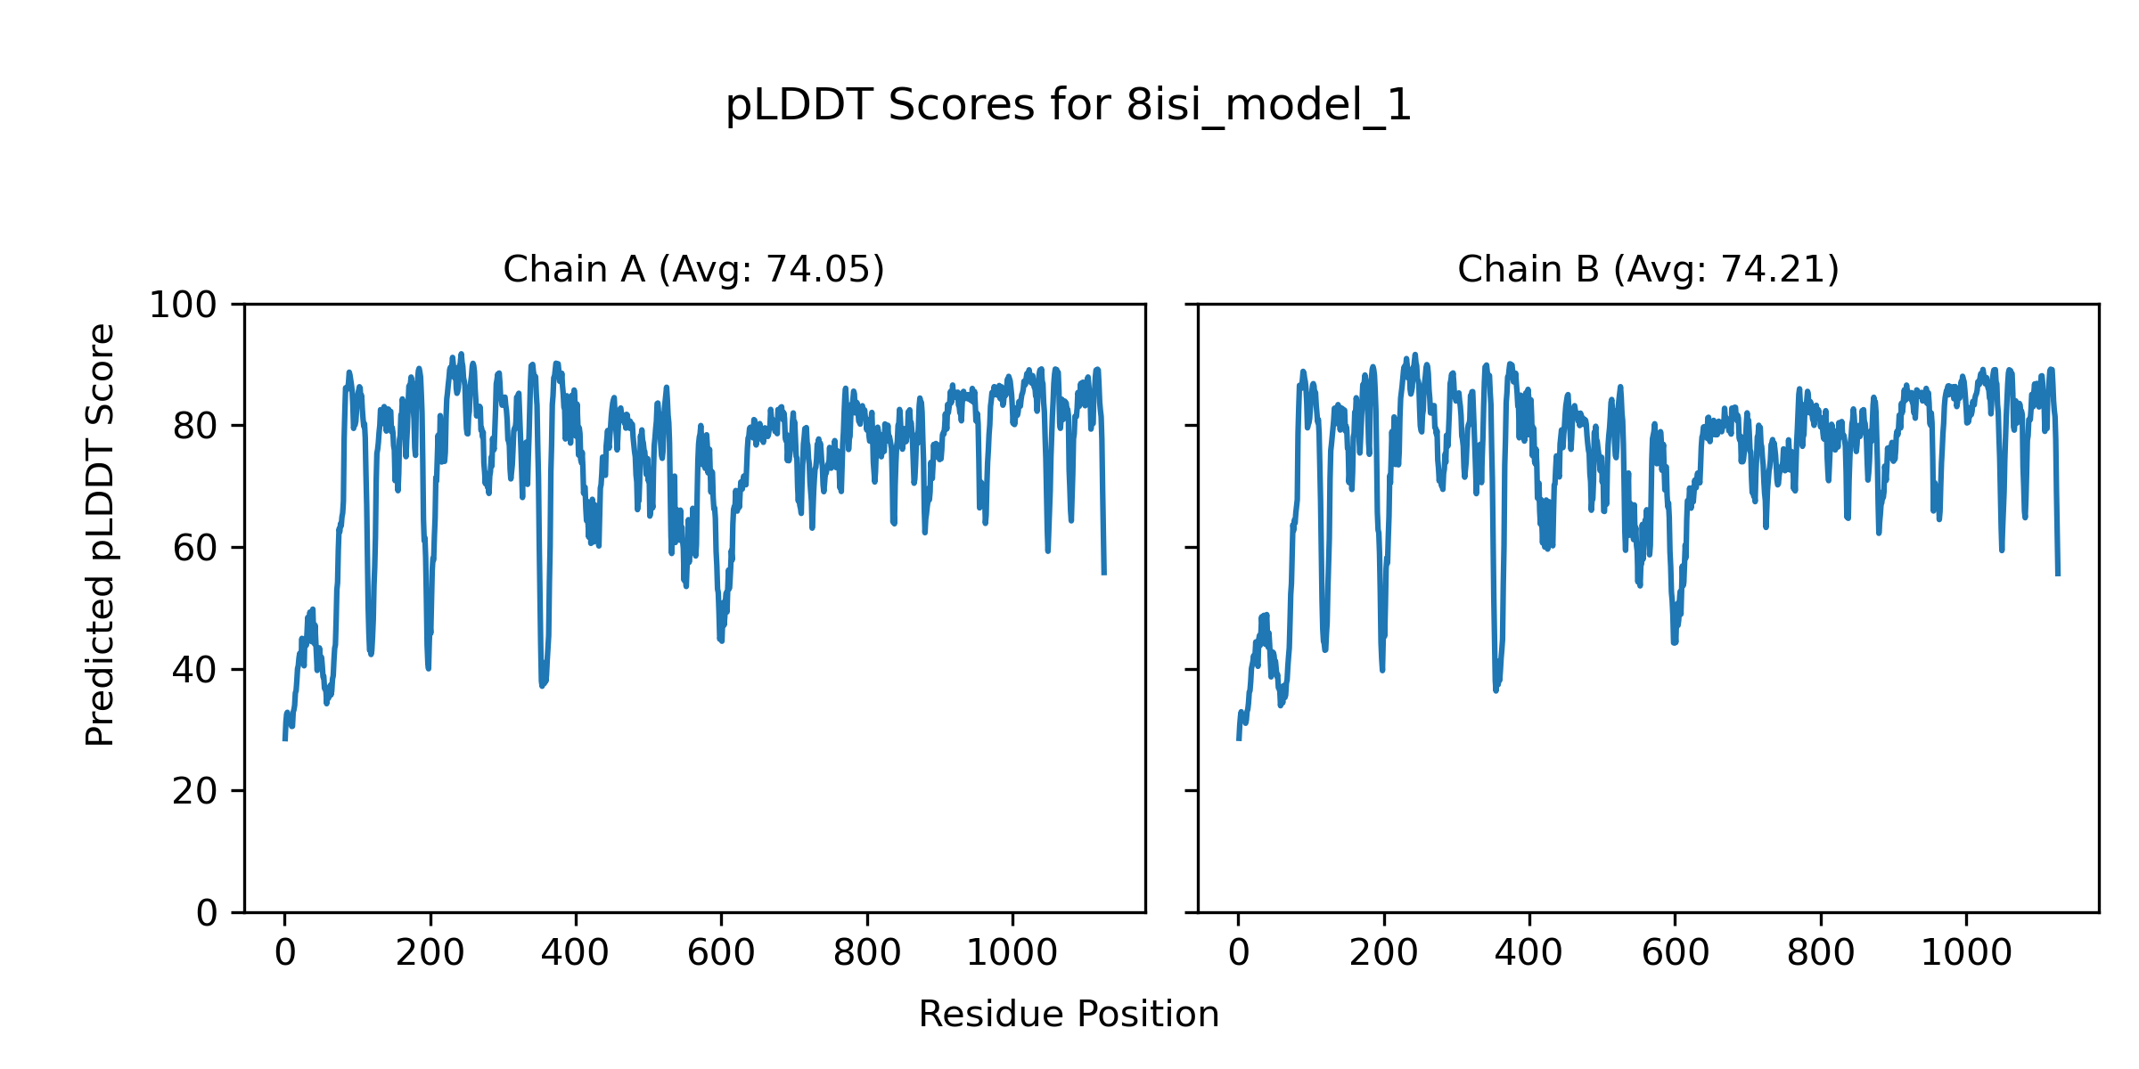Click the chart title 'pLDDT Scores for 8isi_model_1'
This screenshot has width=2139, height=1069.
pyautogui.click(x=1069, y=106)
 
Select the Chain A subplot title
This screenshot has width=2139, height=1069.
pyautogui.click(x=693, y=269)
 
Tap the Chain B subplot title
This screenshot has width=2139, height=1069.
pyautogui.click(x=1648, y=269)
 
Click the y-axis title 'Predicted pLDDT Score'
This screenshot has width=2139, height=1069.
pyautogui.click(x=101, y=534)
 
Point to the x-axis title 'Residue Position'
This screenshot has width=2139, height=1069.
pyautogui.click(x=1069, y=1015)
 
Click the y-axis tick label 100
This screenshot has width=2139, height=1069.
pyautogui.click(x=183, y=306)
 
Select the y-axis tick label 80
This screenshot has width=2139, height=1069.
pyautogui.click(x=195, y=427)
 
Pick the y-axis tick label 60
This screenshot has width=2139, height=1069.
pyautogui.click(x=195, y=548)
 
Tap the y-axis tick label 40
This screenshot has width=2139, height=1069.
pyautogui.click(x=195, y=670)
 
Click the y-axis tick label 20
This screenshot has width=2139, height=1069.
pyautogui.click(x=195, y=791)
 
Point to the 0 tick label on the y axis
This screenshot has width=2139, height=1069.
pyautogui.click(x=207, y=913)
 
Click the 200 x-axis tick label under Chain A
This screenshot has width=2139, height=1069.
pyautogui.click(x=430, y=954)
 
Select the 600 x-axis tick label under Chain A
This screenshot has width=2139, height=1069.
pyautogui.click(x=721, y=954)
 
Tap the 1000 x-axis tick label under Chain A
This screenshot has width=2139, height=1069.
pyautogui.click(x=1012, y=954)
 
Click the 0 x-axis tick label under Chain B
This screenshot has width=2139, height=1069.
pyautogui.click(x=1238, y=954)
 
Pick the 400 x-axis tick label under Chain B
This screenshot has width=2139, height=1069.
pyautogui.click(x=1529, y=954)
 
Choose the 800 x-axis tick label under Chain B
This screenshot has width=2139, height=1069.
pyautogui.click(x=1821, y=954)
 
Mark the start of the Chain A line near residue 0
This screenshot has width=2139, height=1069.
pyautogui.click(x=284, y=739)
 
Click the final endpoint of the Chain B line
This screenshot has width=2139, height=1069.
pyautogui.click(x=2058, y=575)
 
